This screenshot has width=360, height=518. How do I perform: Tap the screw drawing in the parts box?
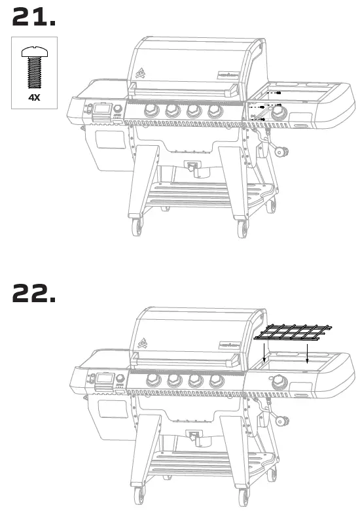tap(34, 68)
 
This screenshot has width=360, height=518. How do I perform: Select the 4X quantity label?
tap(34, 97)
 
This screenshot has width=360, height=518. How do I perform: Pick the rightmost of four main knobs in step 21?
tap(214, 110)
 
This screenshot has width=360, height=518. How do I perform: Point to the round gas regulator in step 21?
tap(283, 153)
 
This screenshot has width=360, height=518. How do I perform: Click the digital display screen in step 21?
tap(102, 110)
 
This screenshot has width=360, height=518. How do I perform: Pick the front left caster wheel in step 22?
tap(137, 498)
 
